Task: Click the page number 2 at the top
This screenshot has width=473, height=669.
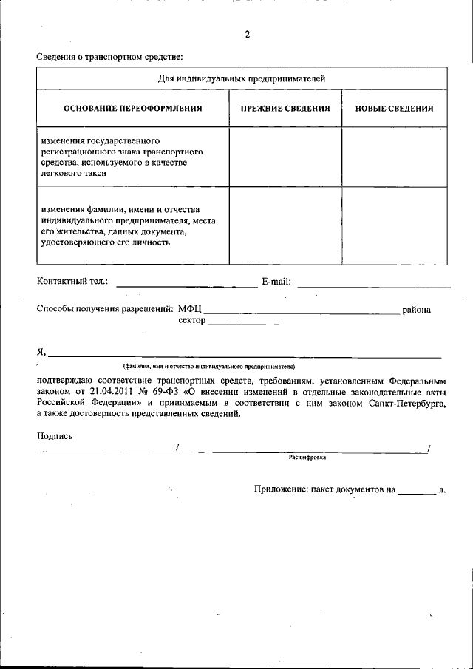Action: click(248, 35)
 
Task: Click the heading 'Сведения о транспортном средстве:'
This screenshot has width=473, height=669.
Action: click(109, 57)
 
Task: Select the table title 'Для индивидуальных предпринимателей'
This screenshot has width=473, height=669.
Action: click(242, 78)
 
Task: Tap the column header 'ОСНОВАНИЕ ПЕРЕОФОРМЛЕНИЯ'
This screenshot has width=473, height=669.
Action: click(133, 108)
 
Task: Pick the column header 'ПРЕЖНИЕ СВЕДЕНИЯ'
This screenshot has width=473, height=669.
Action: click(285, 108)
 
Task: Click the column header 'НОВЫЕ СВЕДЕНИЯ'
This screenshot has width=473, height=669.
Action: click(394, 108)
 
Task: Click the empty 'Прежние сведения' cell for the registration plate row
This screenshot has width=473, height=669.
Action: click(285, 157)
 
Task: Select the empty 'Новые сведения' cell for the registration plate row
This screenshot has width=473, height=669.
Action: click(394, 157)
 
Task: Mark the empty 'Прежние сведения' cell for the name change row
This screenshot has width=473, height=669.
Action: click(285, 225)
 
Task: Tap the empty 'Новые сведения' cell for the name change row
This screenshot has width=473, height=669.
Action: click(394, 225)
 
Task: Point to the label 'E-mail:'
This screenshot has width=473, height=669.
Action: click(276, 282)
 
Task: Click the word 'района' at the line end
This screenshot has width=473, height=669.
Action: click(416, 310)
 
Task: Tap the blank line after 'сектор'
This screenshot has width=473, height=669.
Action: click(243, 323)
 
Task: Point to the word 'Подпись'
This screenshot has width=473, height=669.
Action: click(55, 436)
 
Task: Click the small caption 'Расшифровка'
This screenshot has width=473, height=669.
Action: click(307, 458)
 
